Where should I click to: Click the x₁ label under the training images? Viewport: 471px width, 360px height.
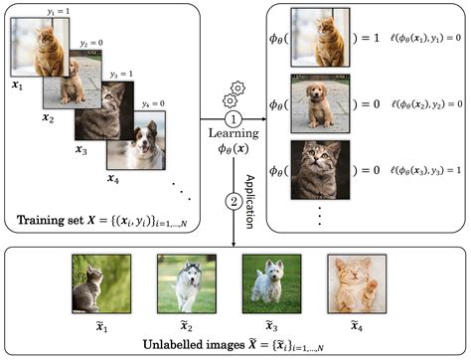point(16,86)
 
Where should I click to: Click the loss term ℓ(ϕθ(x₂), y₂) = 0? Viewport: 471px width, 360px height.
point(427,105)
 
